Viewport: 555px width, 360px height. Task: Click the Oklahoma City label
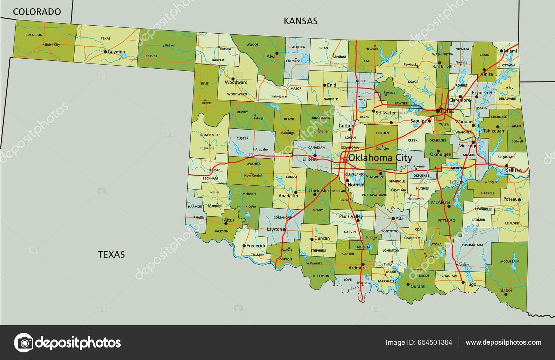click(x=380, y=158)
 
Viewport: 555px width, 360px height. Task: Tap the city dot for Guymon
click(x=105, y=52)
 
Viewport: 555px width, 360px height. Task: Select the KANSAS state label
click(x=300, y=21)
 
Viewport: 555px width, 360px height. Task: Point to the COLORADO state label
click(x=37, y=12)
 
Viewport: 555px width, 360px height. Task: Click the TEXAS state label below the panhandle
click(x=111, y=254)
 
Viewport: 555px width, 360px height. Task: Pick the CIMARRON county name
click(x=34, y=35)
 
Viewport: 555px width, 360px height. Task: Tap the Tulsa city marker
click(x=438, y=111)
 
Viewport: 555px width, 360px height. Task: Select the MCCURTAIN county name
click(x=509, y=261)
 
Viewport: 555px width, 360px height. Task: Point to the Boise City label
click(x=52, y=45)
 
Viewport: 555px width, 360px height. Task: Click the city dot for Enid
click(x=324, y=85)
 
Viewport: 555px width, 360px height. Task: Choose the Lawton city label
click(x=274, y=229)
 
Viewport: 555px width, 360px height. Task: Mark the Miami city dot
click(x=502, y=51)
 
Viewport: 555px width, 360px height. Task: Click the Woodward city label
click(x=236, y=83)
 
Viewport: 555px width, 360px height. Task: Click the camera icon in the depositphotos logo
click(x=24, y=343)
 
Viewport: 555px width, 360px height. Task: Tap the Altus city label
click(x=229, y=220)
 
